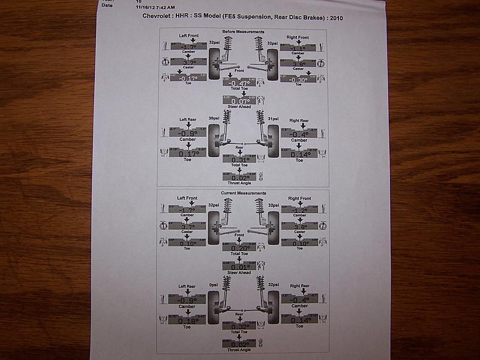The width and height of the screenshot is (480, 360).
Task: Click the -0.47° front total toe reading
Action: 239,83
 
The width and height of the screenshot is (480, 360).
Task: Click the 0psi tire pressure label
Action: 213,284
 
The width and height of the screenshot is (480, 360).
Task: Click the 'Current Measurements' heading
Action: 243,193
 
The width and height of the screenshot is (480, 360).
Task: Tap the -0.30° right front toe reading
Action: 298,79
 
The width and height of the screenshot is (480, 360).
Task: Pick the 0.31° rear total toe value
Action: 239,159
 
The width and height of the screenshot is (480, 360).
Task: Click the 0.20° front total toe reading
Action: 240,248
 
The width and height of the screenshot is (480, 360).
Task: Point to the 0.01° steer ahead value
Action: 240,266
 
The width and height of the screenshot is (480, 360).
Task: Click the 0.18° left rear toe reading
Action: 188,320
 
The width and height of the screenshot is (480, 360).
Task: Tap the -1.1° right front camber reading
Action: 298,46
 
